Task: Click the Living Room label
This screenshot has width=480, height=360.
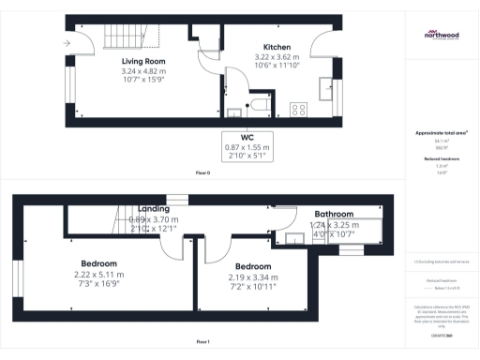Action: click(x=117, y=61)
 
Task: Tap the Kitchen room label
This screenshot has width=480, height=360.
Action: click(x=277, y=47)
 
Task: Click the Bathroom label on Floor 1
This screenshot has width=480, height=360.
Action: click(x=335, y=214)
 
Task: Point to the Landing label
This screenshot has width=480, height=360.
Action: click(x=153, y=209)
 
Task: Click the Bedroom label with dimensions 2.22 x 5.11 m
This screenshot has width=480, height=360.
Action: click(x=98, y=263)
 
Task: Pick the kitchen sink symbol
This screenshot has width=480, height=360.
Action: click(x=327, y=90)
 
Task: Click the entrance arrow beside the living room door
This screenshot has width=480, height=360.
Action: click(x=67, y=43)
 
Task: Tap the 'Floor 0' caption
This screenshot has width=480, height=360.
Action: click(x=202, y=174)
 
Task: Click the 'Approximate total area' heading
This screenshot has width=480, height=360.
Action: click(x=442, y=133)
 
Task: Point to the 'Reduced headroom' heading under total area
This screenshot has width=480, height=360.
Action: click(x=442, y=159)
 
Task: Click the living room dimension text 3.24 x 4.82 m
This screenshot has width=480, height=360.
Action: click(x=117, y=71)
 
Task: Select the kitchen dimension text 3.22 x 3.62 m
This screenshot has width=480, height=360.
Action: click(x=277, y=57)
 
